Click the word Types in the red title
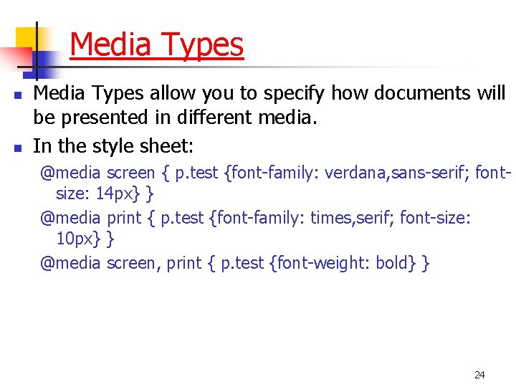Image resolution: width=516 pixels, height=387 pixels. [203, 45]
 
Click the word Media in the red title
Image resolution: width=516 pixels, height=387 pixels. [111, 45]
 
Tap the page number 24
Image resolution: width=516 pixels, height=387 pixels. [479, 375]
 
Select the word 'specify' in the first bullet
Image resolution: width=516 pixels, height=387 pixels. [293, 93]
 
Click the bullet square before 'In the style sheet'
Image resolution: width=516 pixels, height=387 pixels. [19, 148]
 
